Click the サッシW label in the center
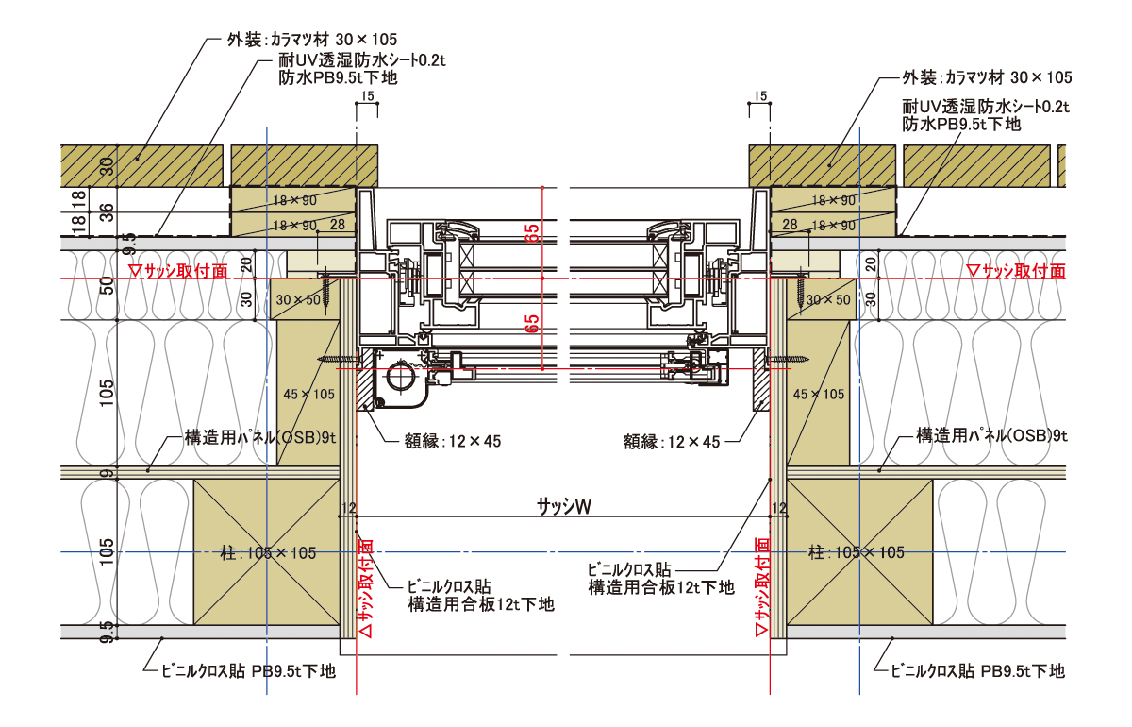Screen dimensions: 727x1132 pyautogui.click(x=564, y=507)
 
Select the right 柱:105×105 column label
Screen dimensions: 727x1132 pyautogui.click(x=857, y=552)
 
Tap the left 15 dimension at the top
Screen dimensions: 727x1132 pyautogui.click(x=367, y=96)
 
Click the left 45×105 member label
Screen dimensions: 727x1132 pyautogui.click(x=309, y=394)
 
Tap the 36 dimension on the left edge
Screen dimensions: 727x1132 pyautogui.click(x=107, y=211)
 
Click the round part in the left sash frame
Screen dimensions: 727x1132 pyautogui.click(x=400, y=379)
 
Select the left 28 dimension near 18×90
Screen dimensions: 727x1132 pyautogui.click(x=338, y=224)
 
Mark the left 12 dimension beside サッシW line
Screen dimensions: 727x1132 pyautogui.click(x=349, y=509)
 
